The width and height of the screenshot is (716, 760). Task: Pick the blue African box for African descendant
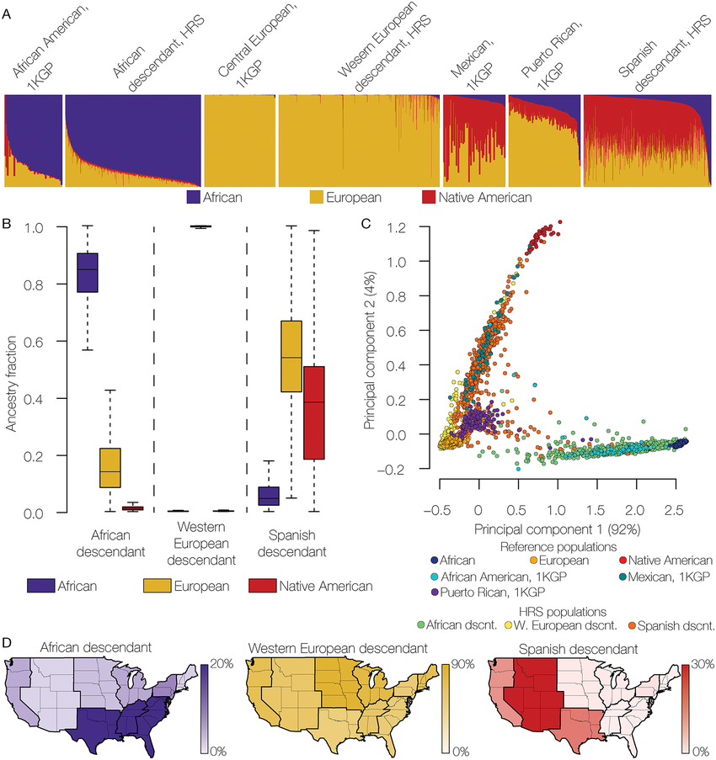pyautogui.click(x=87, y=273)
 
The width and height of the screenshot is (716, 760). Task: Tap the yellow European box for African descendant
pyautogui.click(x=110, y=467)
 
